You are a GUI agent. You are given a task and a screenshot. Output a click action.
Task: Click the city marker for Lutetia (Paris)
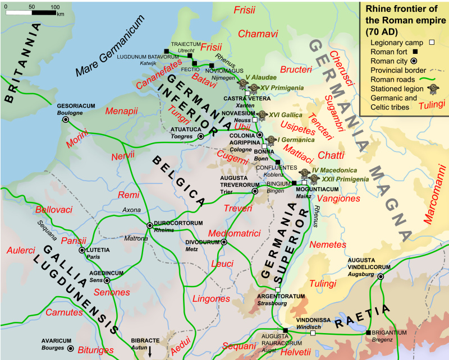[83, 250]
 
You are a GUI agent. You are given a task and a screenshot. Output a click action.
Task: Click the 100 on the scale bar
[55, 7]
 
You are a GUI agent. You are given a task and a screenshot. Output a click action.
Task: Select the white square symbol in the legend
[432, 42]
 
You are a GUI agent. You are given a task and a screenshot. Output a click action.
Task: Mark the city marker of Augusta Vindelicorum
[381, 276]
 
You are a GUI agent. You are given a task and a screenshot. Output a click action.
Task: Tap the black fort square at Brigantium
[368, 333]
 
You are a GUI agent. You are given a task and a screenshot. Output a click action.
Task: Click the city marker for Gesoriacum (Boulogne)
[66, 119]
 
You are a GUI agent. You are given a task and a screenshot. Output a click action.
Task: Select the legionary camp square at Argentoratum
[278, 289]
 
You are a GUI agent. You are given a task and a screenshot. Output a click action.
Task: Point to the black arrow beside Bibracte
[150, 352]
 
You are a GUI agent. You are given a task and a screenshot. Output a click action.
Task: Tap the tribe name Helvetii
[295, 352]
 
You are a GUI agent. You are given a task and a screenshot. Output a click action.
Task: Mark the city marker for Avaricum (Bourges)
[70, 348]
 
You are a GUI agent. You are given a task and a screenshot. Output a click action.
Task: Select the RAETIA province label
[363, 317]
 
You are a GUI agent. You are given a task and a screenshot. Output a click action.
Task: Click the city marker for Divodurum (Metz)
[224, 242]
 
